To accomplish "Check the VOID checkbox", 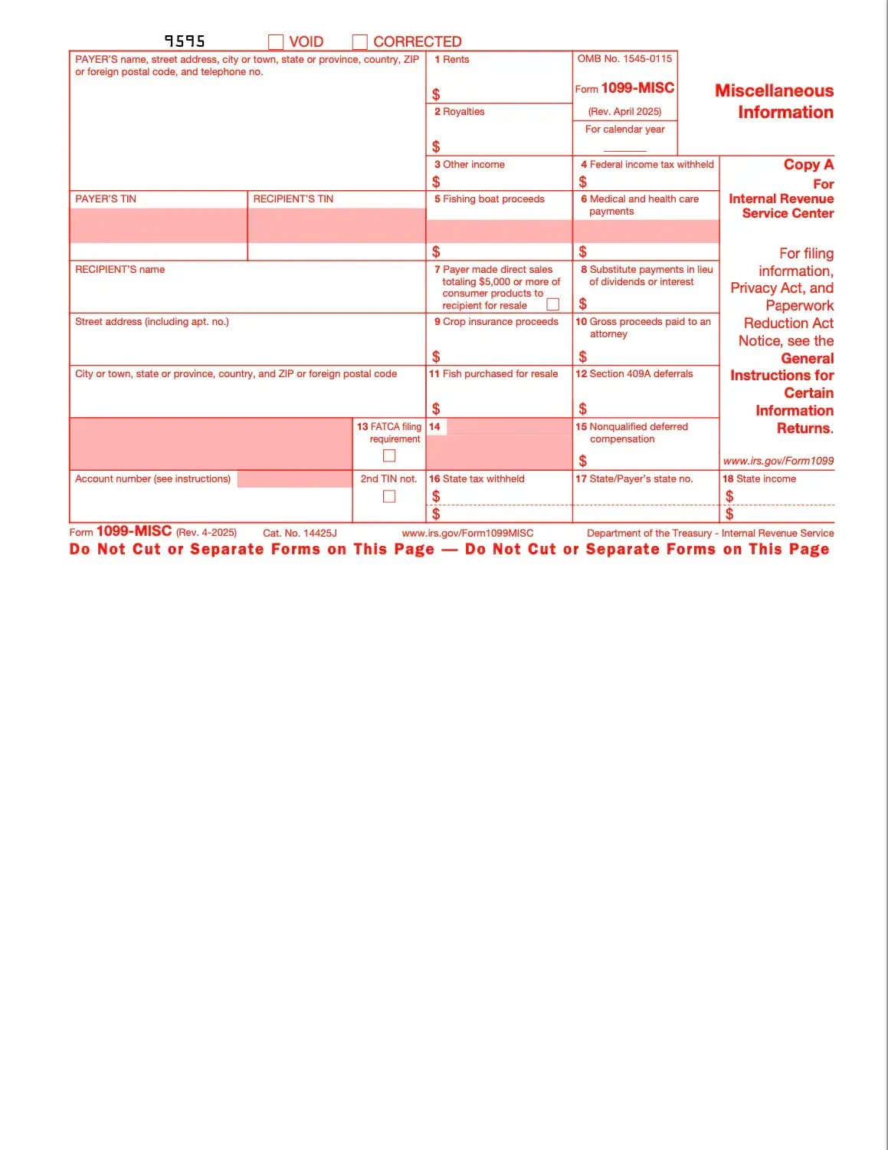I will [x=276, y=41].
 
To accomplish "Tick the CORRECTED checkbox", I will [x=360, y=41].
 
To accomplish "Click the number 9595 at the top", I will [x=185, y=41].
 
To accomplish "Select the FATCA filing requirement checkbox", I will [x=389, y=455].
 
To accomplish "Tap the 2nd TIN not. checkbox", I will [x=389, y=496].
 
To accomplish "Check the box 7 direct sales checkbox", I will [x=552, y=304].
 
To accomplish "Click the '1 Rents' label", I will [x=451, y=59].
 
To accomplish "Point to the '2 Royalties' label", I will [x=459, y=111].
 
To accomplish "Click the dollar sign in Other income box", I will [x=436, y=182].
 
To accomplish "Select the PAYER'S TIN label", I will [x=106, y=199].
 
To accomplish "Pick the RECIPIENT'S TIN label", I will [x=293, y=199].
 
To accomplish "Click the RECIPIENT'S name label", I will [x=120, y=269].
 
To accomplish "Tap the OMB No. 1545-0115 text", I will [x=624, y=58].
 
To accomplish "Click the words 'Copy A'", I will [x=808, y=164].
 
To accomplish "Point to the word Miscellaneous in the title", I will [x=774, y=90].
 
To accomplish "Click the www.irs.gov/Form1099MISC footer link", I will [x=467, y=533].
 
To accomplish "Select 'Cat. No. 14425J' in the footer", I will [x=300, y=533].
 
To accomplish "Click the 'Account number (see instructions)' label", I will [x=152, y=478].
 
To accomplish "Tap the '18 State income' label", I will [x=759, y=478].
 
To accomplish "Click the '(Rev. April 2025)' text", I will [x=624, y=111].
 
